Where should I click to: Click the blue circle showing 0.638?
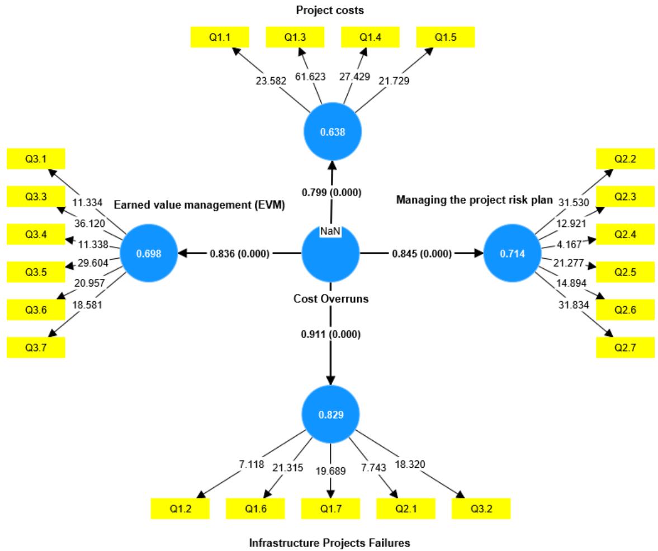tap(333, 132)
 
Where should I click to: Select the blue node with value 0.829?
tap(331, 415)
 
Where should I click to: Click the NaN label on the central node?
tap(330, 231)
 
